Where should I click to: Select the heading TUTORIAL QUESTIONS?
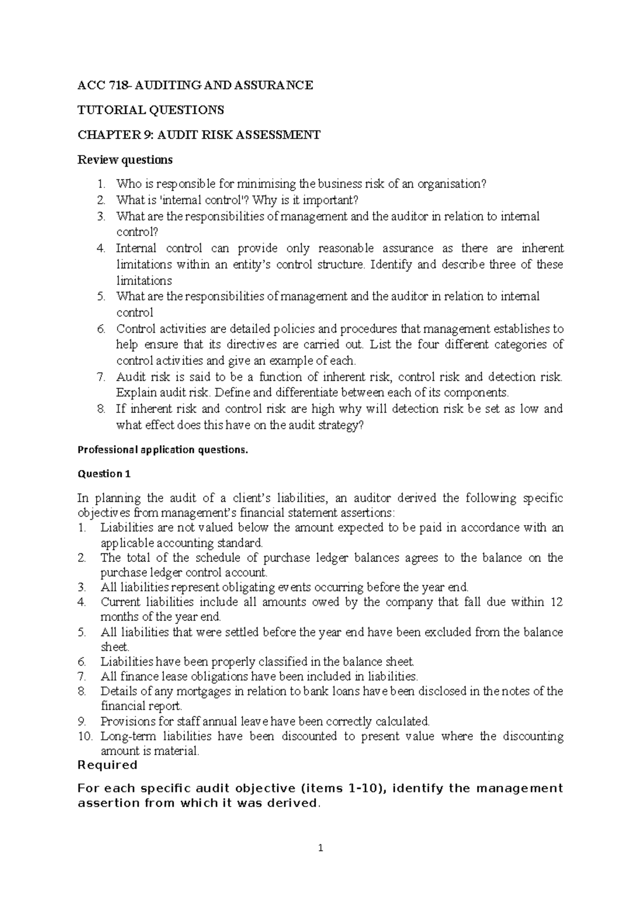151,110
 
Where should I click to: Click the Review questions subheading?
125,160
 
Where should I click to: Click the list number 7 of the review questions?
101,377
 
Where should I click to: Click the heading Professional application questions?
163,450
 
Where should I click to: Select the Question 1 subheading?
104,474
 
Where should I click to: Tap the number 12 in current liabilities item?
557,602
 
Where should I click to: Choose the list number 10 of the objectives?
85,736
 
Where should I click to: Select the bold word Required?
107,765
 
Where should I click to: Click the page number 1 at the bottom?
320,848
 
